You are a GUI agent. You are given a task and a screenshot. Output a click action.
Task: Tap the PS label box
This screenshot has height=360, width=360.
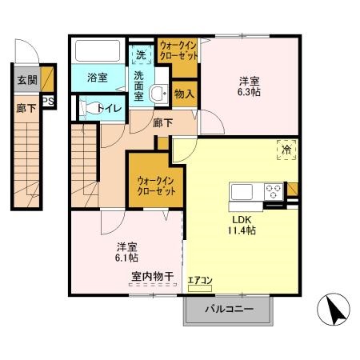click(48, 102)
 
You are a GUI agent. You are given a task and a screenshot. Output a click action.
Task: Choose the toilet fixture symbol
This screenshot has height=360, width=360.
click(90, 106)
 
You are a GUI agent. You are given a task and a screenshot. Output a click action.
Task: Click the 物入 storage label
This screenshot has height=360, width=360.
click(185, 94)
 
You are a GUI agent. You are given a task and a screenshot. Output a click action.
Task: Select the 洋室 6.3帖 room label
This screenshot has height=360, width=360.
click(249, 86)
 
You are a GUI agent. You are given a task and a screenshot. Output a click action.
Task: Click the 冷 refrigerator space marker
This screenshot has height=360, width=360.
click(286, 149)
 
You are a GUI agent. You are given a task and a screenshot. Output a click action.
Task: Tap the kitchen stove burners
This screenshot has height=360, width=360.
click(273, 193)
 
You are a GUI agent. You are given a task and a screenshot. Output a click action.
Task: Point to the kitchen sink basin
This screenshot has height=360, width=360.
click(242, 193)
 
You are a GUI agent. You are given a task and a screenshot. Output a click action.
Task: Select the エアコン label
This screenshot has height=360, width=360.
click(199, 280)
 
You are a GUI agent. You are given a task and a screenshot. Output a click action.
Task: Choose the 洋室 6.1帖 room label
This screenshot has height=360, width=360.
click(126, 252)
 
